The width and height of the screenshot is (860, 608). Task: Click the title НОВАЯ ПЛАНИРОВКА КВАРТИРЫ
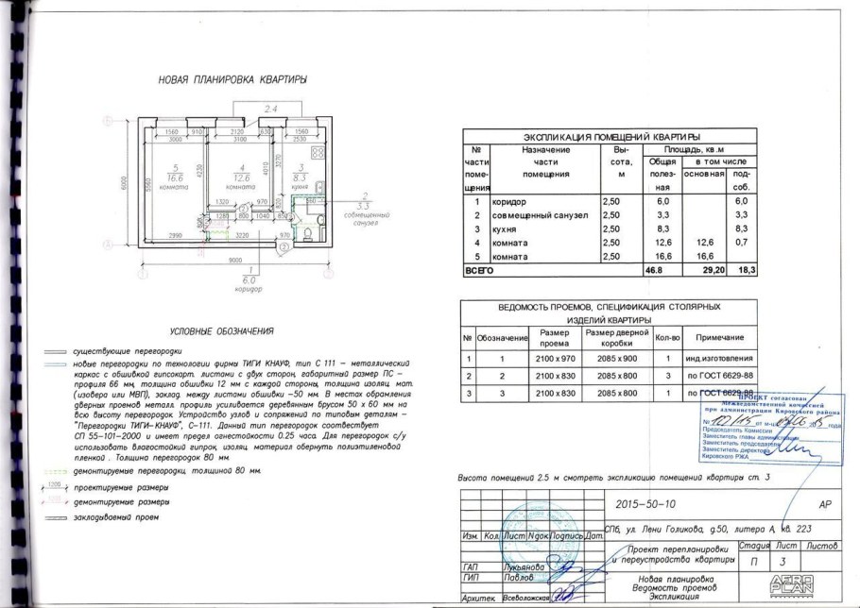click(232, 81)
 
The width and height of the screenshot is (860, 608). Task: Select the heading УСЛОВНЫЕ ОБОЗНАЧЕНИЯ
click(222, 331)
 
